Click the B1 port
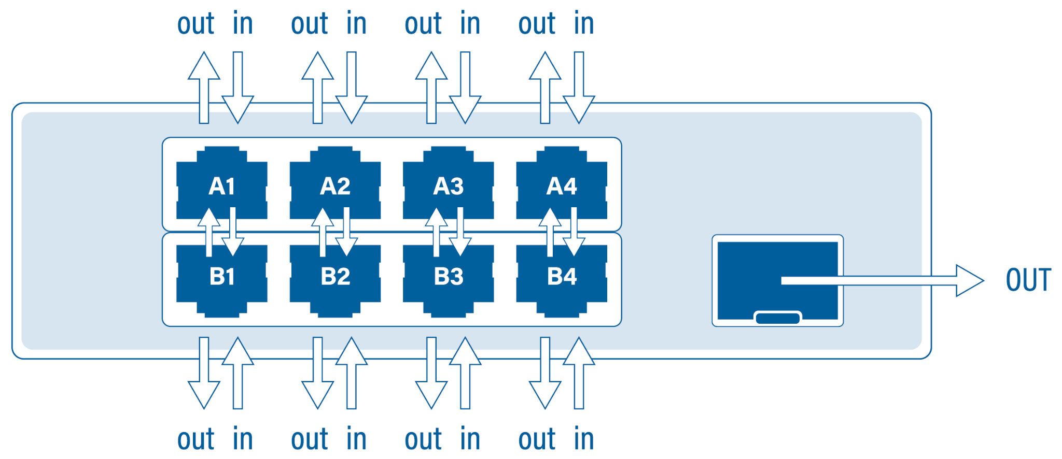[x=221, y=282]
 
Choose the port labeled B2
[x=335, y=282]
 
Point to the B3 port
[x=449, y=282]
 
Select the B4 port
[x=562, y=282]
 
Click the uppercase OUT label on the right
[x=1028, y=280]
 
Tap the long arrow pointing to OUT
[x=882, y=280]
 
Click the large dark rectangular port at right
[x=752, y=269]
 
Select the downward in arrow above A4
[x=579, y=88]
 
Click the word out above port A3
[x=423, y=24]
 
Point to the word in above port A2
[x=356, y=24]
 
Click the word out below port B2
[x=309, y=439]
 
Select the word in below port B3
[x=470, y=439]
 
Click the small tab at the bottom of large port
[x=777, y=318]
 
